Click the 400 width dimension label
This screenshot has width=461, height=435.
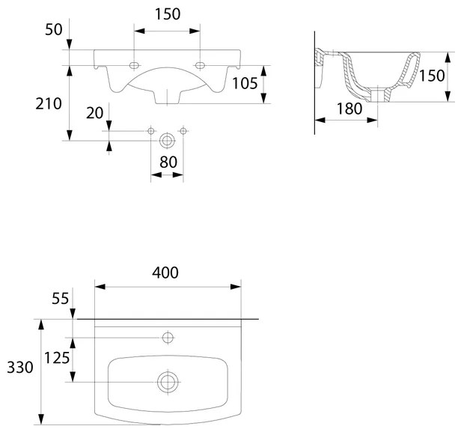pyautogui.click(x=166, y=273)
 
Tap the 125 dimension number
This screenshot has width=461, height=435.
pyautogui.click(x=56, y=357)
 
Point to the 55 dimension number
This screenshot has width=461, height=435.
pyautogui.click(x=60, y=298)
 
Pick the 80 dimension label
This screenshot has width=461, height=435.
pyautogui.click(x=167, y=161)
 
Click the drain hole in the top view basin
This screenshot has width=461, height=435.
pyautogui.click(x=167, y=381)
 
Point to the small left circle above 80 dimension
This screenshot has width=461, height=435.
pyautogui.click(x=151, y=132)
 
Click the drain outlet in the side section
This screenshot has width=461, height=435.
pyautogui.click(x=381, y=97)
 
